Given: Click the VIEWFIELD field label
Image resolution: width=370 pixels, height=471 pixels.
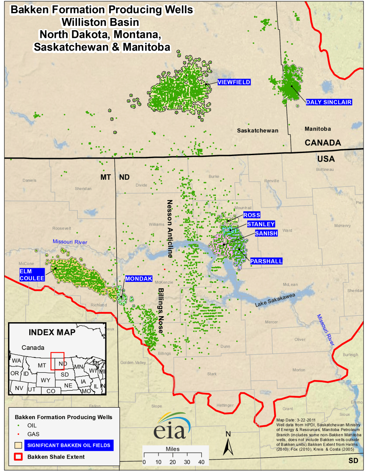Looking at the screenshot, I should click(234, 82).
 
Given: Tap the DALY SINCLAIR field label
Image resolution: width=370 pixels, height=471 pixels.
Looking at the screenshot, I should click(329, 102).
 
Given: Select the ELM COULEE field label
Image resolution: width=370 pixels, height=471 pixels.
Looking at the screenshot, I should click(31, 274).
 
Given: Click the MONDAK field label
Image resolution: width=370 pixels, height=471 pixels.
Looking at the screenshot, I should click(138, 279).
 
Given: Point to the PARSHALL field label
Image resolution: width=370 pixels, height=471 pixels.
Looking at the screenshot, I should click(266, 261).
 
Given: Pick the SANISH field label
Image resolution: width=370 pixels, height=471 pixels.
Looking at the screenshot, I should click(266, 233).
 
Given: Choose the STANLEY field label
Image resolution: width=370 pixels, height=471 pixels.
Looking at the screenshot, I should click(261, 224).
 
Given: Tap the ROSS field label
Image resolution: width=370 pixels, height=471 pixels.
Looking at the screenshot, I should click(252, 215).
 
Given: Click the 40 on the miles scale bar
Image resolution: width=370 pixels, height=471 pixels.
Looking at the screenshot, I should click(201, 462).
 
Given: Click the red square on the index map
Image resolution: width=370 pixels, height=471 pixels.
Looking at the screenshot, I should click(57, 361).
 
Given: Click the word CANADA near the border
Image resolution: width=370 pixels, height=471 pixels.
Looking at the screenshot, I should click(323, 143).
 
